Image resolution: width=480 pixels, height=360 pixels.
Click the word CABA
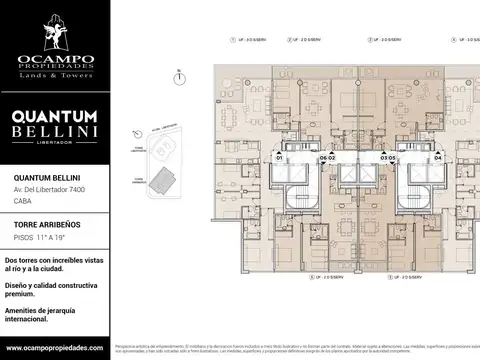tap(22, 201)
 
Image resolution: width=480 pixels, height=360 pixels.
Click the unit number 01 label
tap(280, 158)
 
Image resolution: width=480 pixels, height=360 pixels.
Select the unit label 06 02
tap(326, 158)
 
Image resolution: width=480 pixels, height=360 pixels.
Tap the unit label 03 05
tap(388, 158)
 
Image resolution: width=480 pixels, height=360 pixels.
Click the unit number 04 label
tap(437, 158)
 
